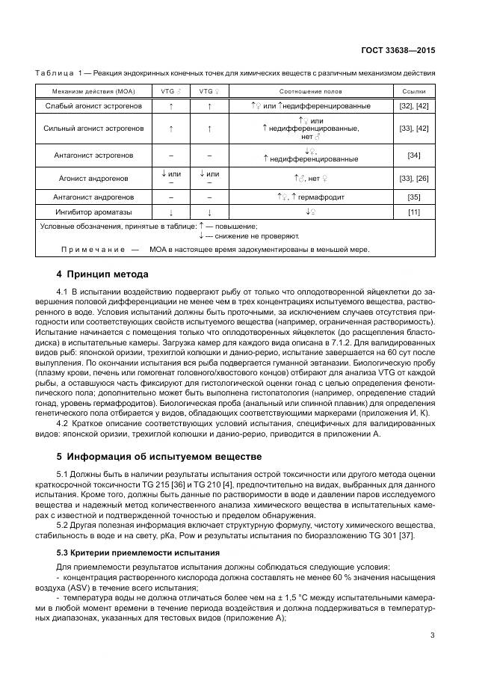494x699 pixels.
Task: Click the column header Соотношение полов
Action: (311, 91)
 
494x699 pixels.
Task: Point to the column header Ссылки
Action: (414, 91)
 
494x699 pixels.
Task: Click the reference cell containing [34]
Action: (414, 155)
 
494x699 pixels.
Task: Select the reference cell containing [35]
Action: (414, 197)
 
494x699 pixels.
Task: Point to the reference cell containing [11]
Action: (414, 212)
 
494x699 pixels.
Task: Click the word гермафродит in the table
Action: (322, 197)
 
